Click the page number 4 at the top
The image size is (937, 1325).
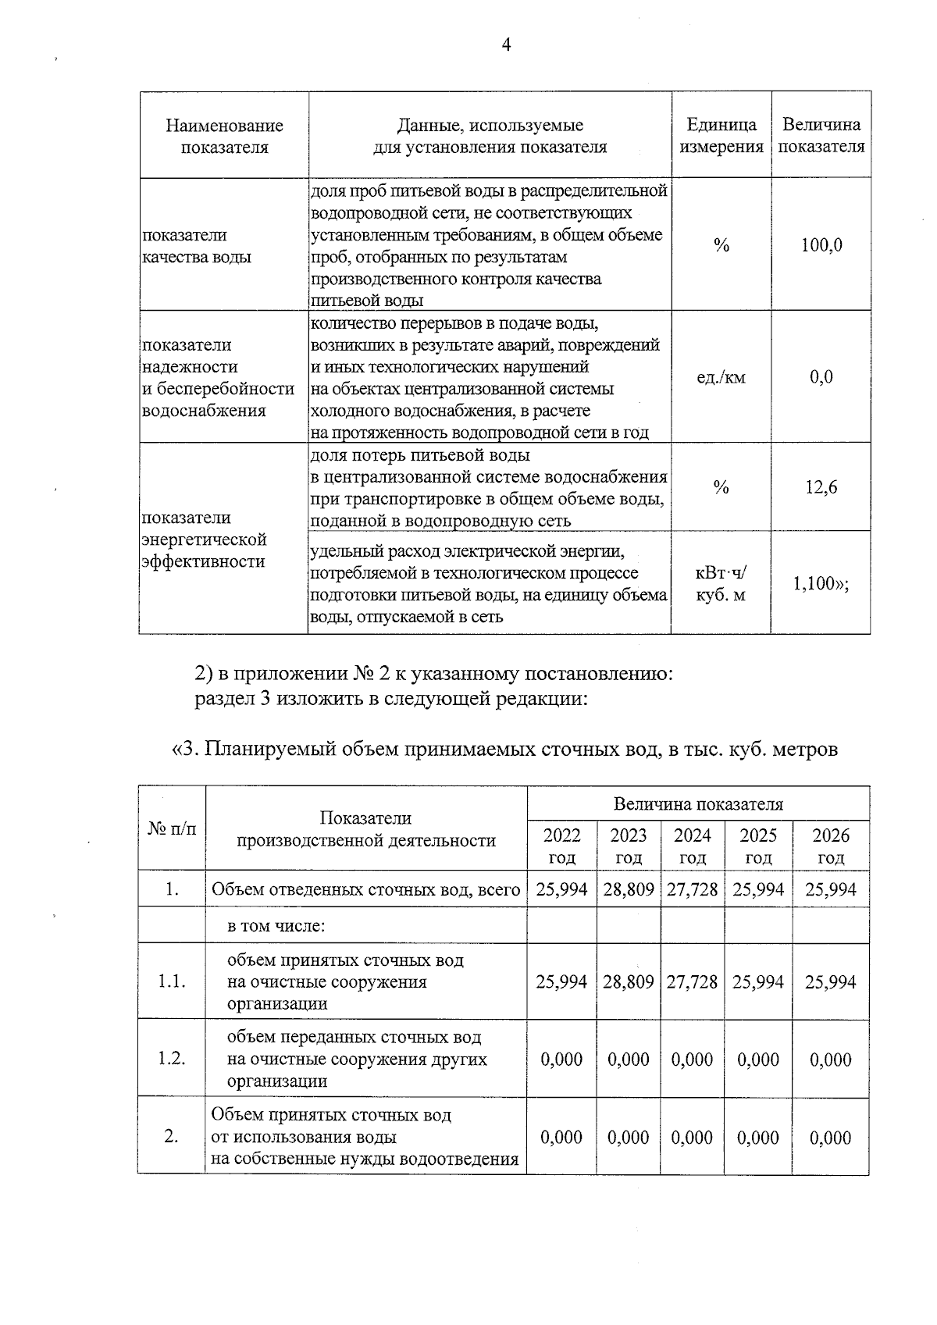pyautogui.click(x=506, y=45)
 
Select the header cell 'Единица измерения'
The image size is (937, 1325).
pyautogui.click(x=721, y=136)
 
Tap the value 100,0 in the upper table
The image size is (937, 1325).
pyautogui.click(x=821, y=245)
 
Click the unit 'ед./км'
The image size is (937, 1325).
pyautogui.click(x=721, y=378)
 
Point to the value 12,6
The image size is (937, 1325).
pyautogui.click(x=821, y=488)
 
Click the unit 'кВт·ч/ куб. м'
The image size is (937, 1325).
pyautogui.click(x=721, y=584)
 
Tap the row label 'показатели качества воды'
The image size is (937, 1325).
pyautogui.click(x=197, y=246)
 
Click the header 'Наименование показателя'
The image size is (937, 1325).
pyautogui.click(x=224, y=136)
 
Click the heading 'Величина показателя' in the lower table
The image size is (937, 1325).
pyautogui.click(x=698, y=804)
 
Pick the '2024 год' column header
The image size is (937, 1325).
pyautogui.click(x=693, y=846)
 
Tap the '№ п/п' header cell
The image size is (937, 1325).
pyautogui.click(x=172, y=828)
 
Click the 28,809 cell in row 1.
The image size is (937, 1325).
pyautogui.click(x=629, y=889)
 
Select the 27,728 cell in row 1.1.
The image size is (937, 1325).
pyautogui.click(x=692, y=982)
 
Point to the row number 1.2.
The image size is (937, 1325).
pyautogui.click(x=172, y=1059)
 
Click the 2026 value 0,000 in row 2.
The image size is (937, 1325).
pyautogui.click(x=830, y=1138)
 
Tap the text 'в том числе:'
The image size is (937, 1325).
pyautogui.click(x=276, y=926)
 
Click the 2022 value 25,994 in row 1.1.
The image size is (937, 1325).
pyautogui.click(x=561, y=982)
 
